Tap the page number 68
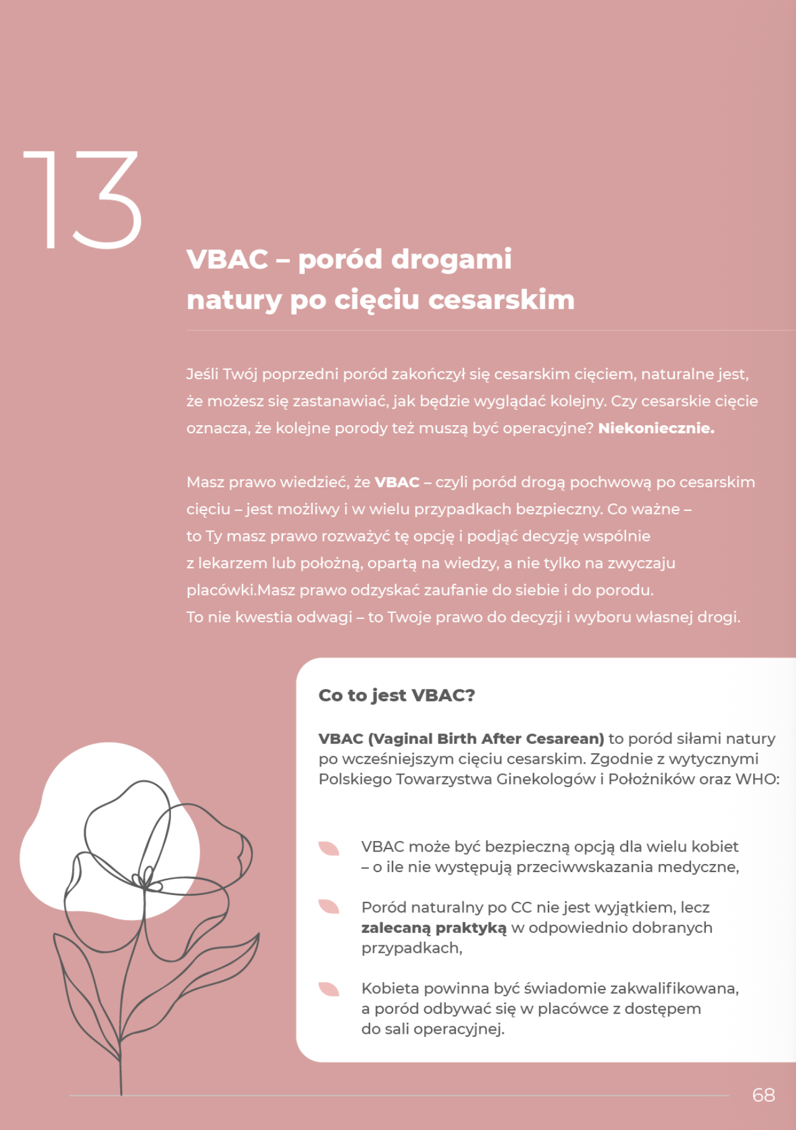(763, 1095)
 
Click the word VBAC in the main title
(228, 259)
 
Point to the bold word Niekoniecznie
(656, 428)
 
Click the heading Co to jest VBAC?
(397, 695)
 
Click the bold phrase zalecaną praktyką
(433, 927)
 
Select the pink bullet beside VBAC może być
(328, 848)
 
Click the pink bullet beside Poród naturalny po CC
(328, 907)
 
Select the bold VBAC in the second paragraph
(397, 482)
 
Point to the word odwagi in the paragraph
(324, 617)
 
